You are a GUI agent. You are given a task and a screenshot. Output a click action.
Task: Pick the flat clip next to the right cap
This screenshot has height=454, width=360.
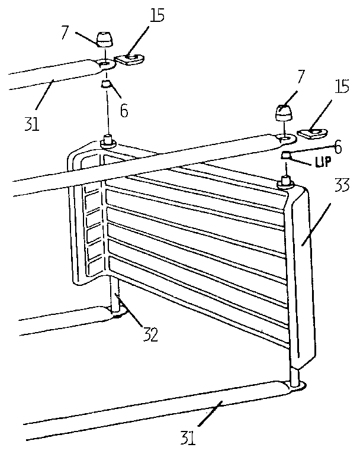[x=311, y=132]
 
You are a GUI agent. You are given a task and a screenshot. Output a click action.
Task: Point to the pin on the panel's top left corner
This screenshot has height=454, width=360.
[x=108, y=141]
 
